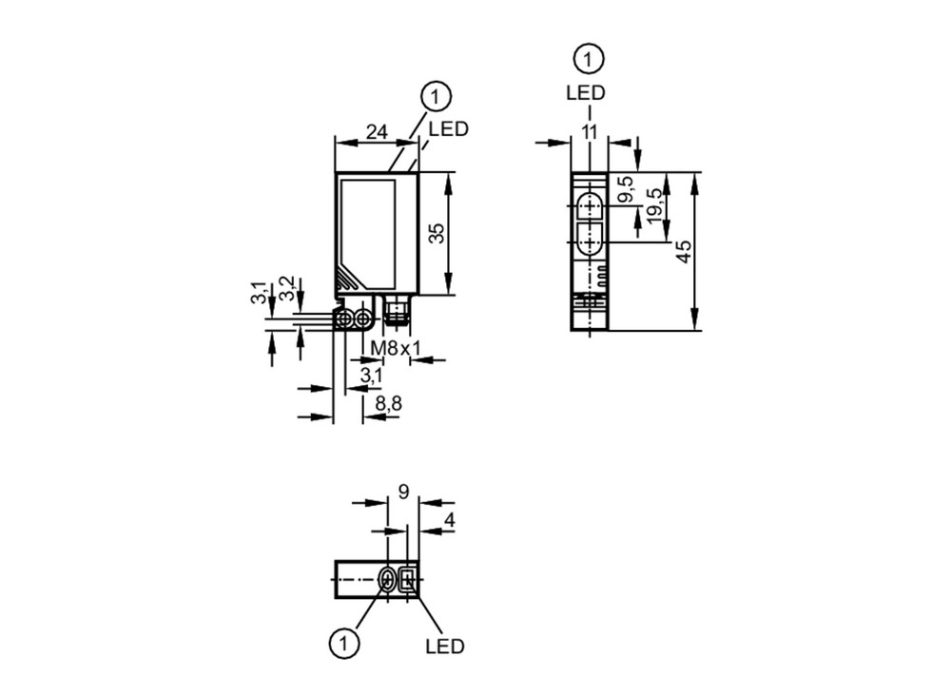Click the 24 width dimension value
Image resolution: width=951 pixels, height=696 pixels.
coord(377,131)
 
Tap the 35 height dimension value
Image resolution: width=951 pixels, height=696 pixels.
coord(437,233)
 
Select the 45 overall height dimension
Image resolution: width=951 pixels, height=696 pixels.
coord(684,252)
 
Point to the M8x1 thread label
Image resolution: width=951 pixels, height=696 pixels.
coord(396,349)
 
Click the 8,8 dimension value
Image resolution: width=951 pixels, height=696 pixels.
coord(388,403)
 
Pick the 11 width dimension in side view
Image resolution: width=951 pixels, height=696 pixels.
coord(589,131)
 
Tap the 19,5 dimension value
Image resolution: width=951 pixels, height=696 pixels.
coord(654,206)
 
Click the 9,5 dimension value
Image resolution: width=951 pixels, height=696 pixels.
coord(626,189)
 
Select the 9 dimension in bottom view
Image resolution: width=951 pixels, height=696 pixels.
coord(404,492)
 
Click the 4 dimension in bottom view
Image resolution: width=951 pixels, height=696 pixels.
coord(450,519)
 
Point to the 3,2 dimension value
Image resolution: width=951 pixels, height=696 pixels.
coord(287,289)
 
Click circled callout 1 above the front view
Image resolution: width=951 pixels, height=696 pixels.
coord(436,97)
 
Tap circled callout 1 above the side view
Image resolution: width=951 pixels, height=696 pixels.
coord(589,59)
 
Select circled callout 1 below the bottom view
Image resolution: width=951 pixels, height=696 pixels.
coord(344,643)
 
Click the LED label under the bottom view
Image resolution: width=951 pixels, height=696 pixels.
coord(444,647)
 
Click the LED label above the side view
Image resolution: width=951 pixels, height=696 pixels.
coord(586,93)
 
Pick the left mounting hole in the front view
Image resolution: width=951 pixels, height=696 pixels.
coord(346,319)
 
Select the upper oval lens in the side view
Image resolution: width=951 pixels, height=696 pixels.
coord(589,206)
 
